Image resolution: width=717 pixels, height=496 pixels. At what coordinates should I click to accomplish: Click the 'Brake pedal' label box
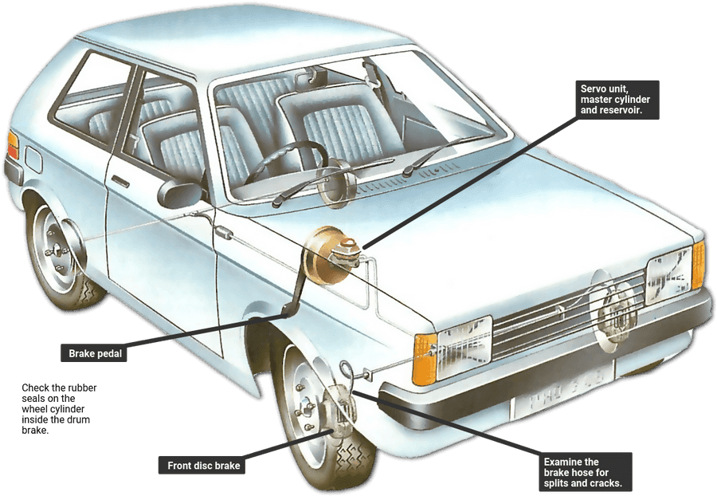point(94,352)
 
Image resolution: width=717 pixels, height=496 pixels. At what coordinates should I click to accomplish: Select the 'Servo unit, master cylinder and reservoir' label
point(616,100)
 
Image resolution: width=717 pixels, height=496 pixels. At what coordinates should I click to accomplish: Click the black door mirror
point(179,194)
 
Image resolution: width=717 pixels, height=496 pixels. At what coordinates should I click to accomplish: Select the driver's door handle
point(120,181)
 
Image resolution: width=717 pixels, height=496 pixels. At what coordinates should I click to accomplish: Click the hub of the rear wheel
point(55,250)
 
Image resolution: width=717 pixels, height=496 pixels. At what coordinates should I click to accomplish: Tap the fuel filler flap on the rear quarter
point(33,159)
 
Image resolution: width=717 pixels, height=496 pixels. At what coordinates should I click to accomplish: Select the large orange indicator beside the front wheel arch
point(425,359)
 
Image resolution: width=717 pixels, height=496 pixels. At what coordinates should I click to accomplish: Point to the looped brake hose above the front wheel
point(347,369)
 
